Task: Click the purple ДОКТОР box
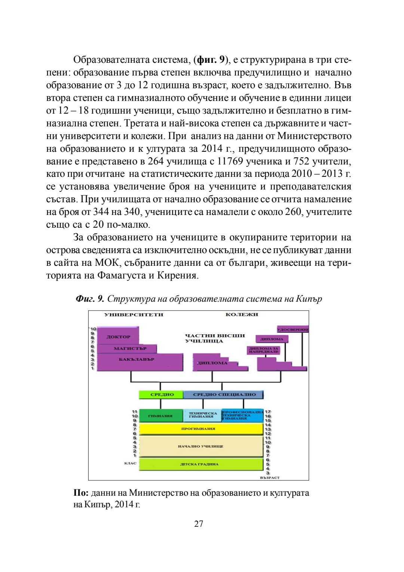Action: pyautogui.click(x=118, y=336)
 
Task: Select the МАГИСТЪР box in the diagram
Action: pyautogui.click(x=129, y=348)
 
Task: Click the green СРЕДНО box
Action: pyautogui.click(x=162, y=394)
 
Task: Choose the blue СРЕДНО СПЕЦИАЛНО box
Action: pyautogui.click(x=224, y=394)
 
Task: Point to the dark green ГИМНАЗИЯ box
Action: pyautogui.click(x=160, y=416)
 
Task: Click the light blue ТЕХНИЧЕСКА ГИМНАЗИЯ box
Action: pyautogui.click(x=202, y=416)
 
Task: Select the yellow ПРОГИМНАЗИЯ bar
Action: pyautogui.click(x=200, y=429)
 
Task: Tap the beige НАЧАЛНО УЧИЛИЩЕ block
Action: pyautogui.click(x=200, y=446)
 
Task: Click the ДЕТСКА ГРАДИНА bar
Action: pyautogui.click(x=200, y=464)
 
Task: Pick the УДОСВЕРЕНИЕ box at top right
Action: pyautogui.click(x=293, y=329)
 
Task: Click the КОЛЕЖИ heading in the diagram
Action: pyautogui.click(x=242, y=314)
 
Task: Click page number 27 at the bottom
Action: pyautogui.click(x=199, y=524)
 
